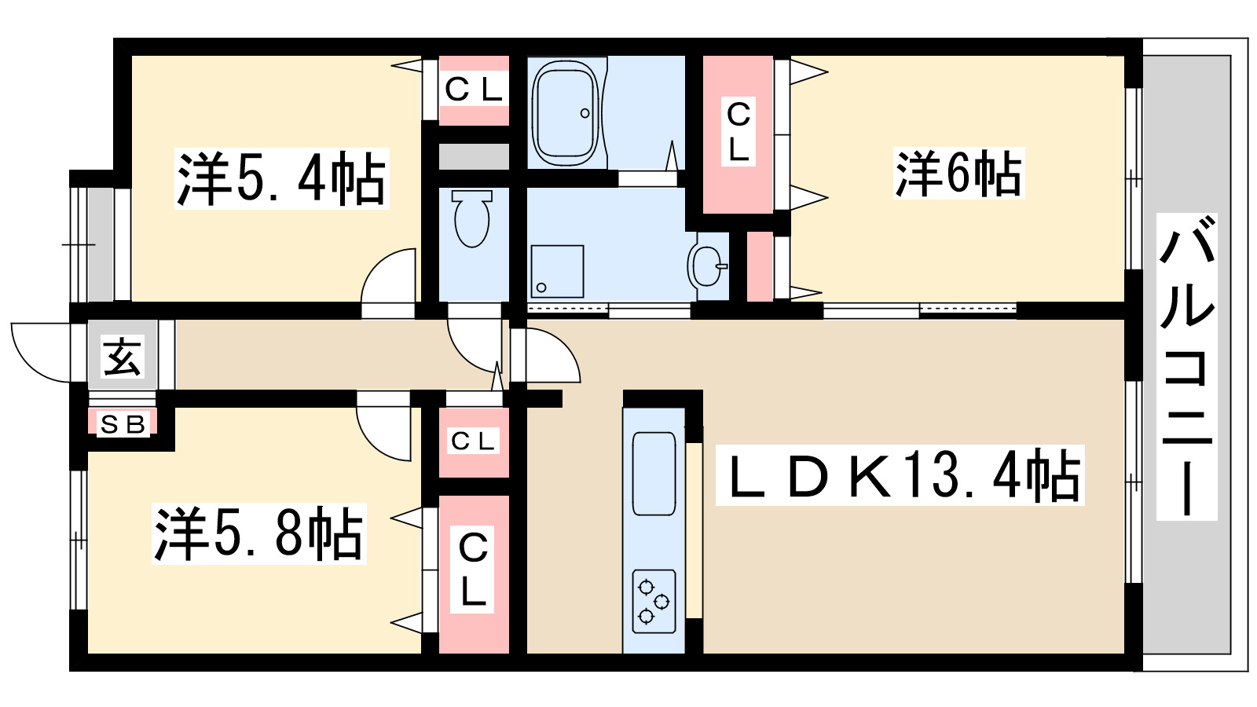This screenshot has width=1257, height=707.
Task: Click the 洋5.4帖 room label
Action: point(282,179)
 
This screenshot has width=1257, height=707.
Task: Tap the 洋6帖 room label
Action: point(958,174)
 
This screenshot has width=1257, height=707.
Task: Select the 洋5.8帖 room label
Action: point(258,533)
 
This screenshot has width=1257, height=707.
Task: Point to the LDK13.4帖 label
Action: point(900,475)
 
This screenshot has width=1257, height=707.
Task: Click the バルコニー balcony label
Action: point(1186,366)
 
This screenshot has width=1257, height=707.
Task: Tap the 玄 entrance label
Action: point(123,357)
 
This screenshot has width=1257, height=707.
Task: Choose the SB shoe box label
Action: point(123,424)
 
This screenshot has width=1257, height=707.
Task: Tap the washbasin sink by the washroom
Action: point(706,266)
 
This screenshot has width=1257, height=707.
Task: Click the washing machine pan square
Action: point(557,272)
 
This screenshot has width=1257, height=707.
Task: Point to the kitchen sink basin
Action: point(654,474)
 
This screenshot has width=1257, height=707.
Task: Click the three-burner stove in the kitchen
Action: point(654,602)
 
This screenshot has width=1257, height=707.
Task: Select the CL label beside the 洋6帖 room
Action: point(738,132)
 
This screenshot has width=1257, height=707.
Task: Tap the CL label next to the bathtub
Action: point(473,90)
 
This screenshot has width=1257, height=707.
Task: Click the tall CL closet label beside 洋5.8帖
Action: point(472,569)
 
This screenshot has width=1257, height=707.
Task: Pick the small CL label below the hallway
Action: point(473,441)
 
